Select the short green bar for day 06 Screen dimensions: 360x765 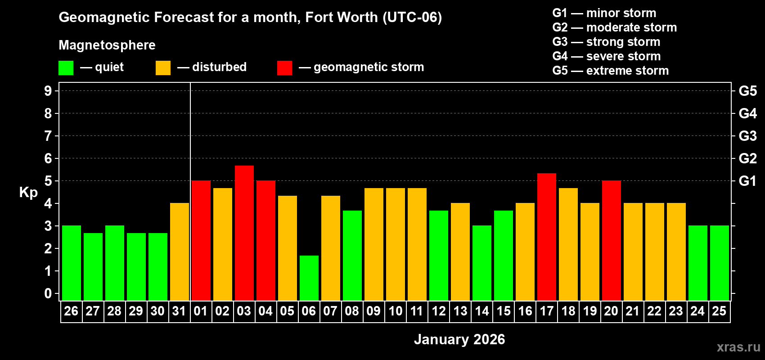tap(309, 278)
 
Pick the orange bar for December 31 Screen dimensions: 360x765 tap(180, 252)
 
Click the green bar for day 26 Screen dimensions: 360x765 tap(72, 263)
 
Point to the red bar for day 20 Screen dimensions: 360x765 tap(612, 240)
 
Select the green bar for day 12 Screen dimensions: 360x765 tap(439, 256)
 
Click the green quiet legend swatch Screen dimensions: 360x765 tap(66, 68)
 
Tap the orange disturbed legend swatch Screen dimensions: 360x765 tap(163, 68)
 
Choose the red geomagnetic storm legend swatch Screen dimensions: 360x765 tap(284, 68)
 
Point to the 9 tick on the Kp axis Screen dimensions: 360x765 tap(48, 91)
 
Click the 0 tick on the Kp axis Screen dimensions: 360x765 tap(48, 294)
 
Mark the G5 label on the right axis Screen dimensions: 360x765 tap(747, 91)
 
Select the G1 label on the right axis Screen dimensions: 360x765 tap(747, 181)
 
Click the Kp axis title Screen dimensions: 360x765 tap(28, 193)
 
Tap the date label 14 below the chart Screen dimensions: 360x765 tap(482, 311)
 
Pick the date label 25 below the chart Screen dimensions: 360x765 tap(719, 311)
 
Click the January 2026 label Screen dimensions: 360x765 tap(459, 339)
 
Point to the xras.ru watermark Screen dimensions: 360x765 tap(738, 347)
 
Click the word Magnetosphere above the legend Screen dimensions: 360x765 tap(107, 45)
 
